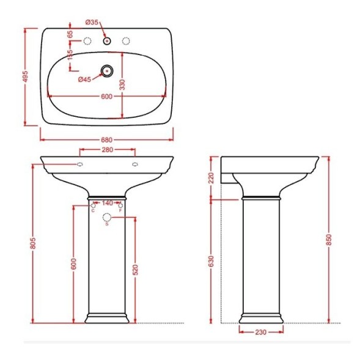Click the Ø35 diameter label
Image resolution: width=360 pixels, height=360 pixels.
[92, 23]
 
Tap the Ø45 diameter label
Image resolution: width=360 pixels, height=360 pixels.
[84, 79]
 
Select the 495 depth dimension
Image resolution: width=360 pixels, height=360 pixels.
[25, 76]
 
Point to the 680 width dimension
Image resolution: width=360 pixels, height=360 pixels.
[107, 139]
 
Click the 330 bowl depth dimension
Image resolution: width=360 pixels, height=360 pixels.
[123, 84]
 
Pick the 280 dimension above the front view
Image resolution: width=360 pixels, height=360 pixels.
[108, 150]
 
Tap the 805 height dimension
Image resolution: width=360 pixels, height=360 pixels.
[33, 243]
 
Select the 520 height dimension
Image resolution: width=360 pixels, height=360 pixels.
[136, 270]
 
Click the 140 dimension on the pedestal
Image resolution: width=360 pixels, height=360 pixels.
[108, 203]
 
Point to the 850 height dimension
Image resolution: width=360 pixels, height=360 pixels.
[329, 240]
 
